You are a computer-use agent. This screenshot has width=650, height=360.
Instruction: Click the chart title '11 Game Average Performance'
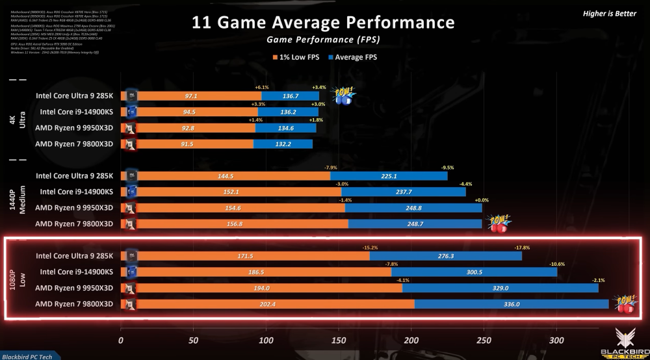[323, 23]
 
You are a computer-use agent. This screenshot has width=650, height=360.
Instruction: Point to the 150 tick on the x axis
[338, 339]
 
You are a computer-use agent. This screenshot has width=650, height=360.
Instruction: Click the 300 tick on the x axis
[556, 339]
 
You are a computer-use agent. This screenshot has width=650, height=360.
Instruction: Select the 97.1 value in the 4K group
[191, 96]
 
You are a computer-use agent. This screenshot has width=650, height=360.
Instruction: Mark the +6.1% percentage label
[262, 87]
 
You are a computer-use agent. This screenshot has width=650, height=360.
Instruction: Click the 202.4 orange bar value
[267, 304]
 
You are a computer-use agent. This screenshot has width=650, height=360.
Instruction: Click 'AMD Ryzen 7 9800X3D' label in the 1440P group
[74, 224]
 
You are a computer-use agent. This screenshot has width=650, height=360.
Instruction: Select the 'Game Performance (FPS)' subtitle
[323, 40]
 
